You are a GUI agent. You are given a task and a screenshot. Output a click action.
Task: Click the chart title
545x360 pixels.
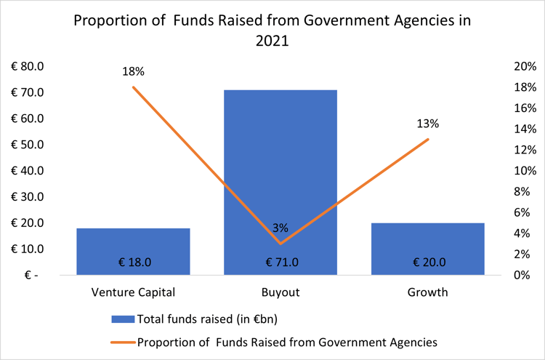(x=272, y=31)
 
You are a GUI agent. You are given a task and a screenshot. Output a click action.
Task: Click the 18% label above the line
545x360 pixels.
(x=134, y=71)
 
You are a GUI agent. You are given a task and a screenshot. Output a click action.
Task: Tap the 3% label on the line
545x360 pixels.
(x=280, y=228)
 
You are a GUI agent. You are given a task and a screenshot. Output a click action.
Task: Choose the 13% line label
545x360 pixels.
(x=428, y=123)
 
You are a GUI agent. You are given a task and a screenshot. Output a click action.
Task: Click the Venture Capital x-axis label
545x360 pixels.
(x=133, y=293)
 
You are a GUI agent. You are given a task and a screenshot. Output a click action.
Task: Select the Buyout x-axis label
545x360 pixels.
(x=280, y=293)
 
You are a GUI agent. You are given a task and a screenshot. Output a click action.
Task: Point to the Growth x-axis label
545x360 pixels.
(x=427, y=293)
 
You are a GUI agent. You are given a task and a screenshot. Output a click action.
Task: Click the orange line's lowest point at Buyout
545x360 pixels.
(x=280, y=243)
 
